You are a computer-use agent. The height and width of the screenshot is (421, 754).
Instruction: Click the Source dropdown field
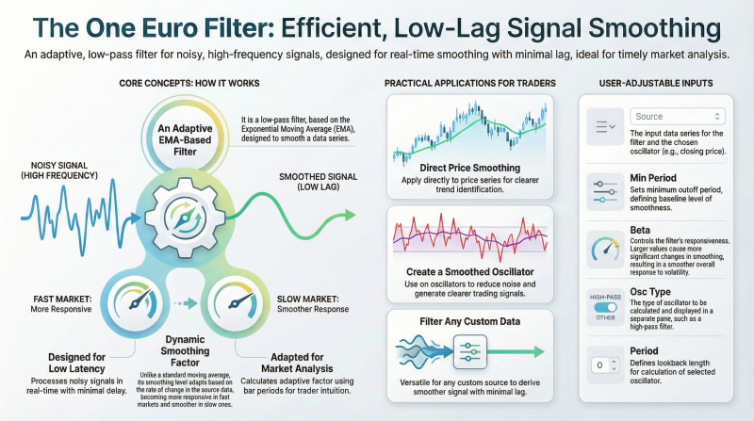(677, 116)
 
